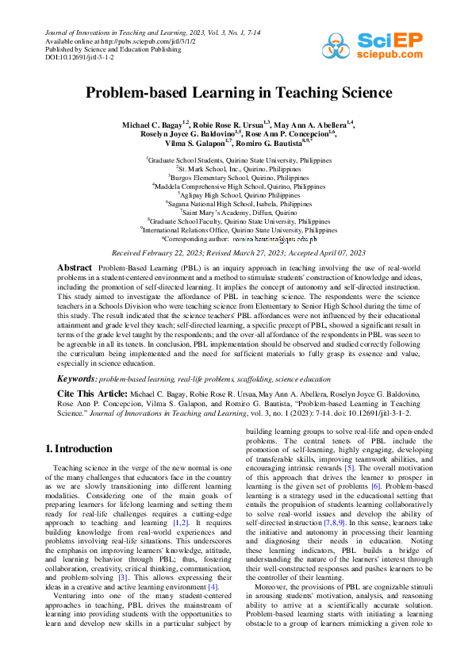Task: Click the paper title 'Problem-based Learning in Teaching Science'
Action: click(236, 93)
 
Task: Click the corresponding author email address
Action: click(274, 216)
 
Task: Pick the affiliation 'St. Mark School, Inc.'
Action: click(237, 169)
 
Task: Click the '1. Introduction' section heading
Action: click(79, 449)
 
